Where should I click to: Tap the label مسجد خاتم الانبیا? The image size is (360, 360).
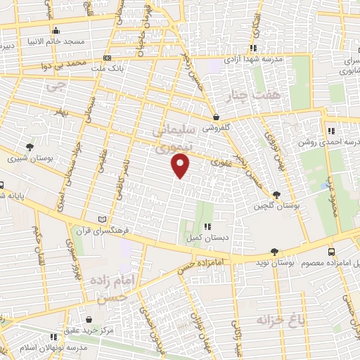click(56, 41)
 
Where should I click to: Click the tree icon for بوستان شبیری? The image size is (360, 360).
click(30, 146)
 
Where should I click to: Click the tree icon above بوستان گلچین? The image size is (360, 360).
click(275, 195)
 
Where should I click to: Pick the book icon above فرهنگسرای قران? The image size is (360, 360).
click(105, 219)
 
